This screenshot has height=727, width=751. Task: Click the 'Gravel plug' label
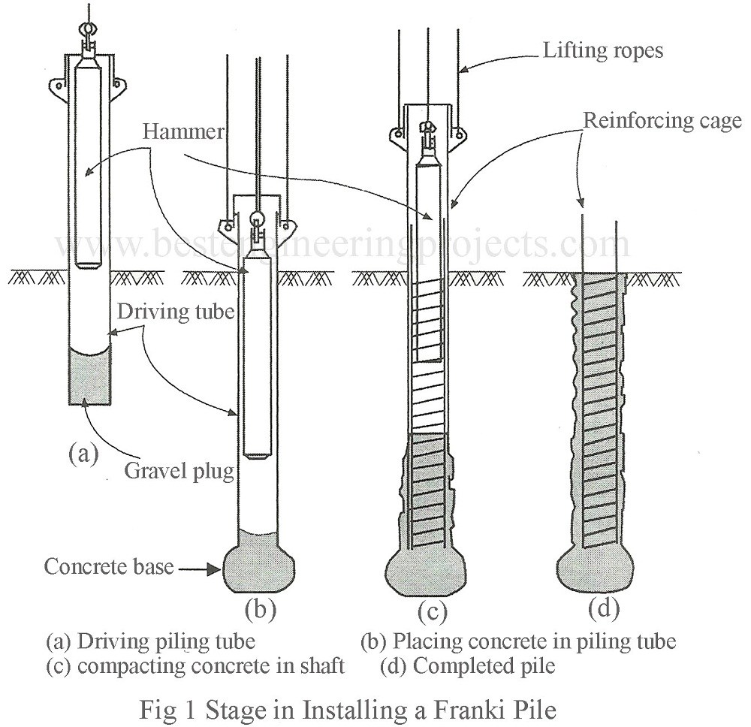coord(178,472)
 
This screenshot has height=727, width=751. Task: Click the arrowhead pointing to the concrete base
coord(219,569)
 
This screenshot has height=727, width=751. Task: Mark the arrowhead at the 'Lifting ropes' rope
coord(462,71)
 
